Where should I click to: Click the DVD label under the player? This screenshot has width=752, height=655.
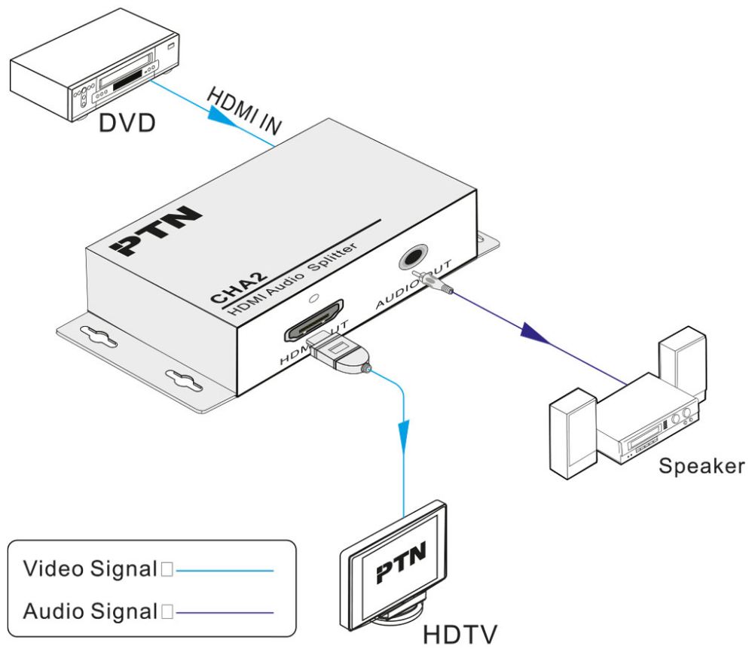[x=128, y=121]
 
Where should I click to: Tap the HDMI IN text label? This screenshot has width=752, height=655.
[x=243, y=114]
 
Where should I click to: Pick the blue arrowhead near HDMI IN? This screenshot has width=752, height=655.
[x=225, y=115]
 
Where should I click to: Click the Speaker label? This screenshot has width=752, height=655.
[x=701, y=465]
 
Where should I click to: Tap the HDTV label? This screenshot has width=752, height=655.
[x=460, y=634]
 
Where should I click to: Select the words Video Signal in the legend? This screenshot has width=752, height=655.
[x=88, y=569]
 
